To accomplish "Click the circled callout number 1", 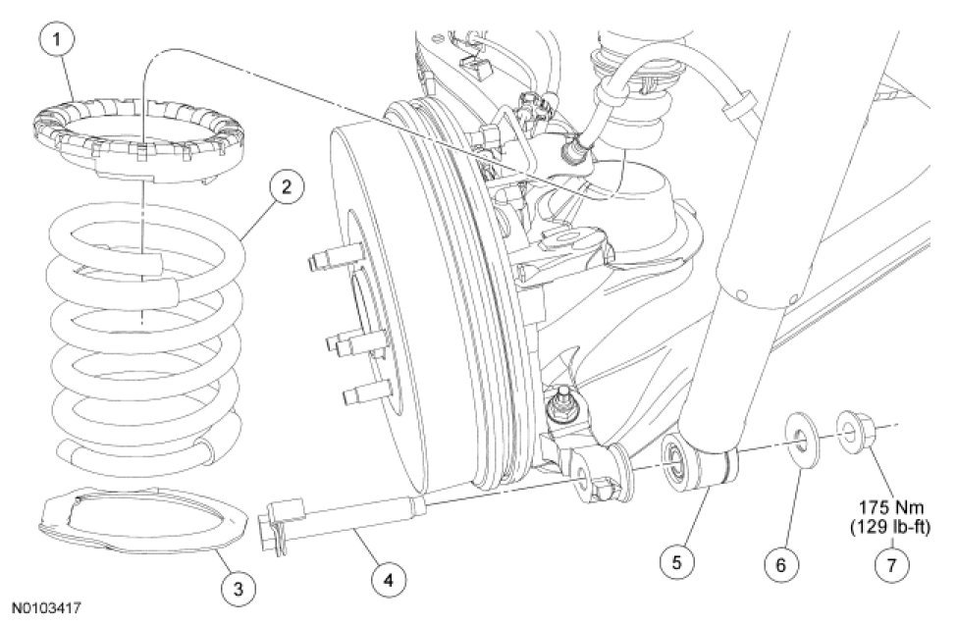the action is pos(57,40).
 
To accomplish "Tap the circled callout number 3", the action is pos(239,589).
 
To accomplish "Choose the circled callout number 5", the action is pos(677,561).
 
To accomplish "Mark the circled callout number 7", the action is pos(891,565).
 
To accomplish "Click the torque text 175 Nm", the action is pos(891,508).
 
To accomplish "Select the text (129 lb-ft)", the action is pos(890,527).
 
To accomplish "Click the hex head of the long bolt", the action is pos(273,527).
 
